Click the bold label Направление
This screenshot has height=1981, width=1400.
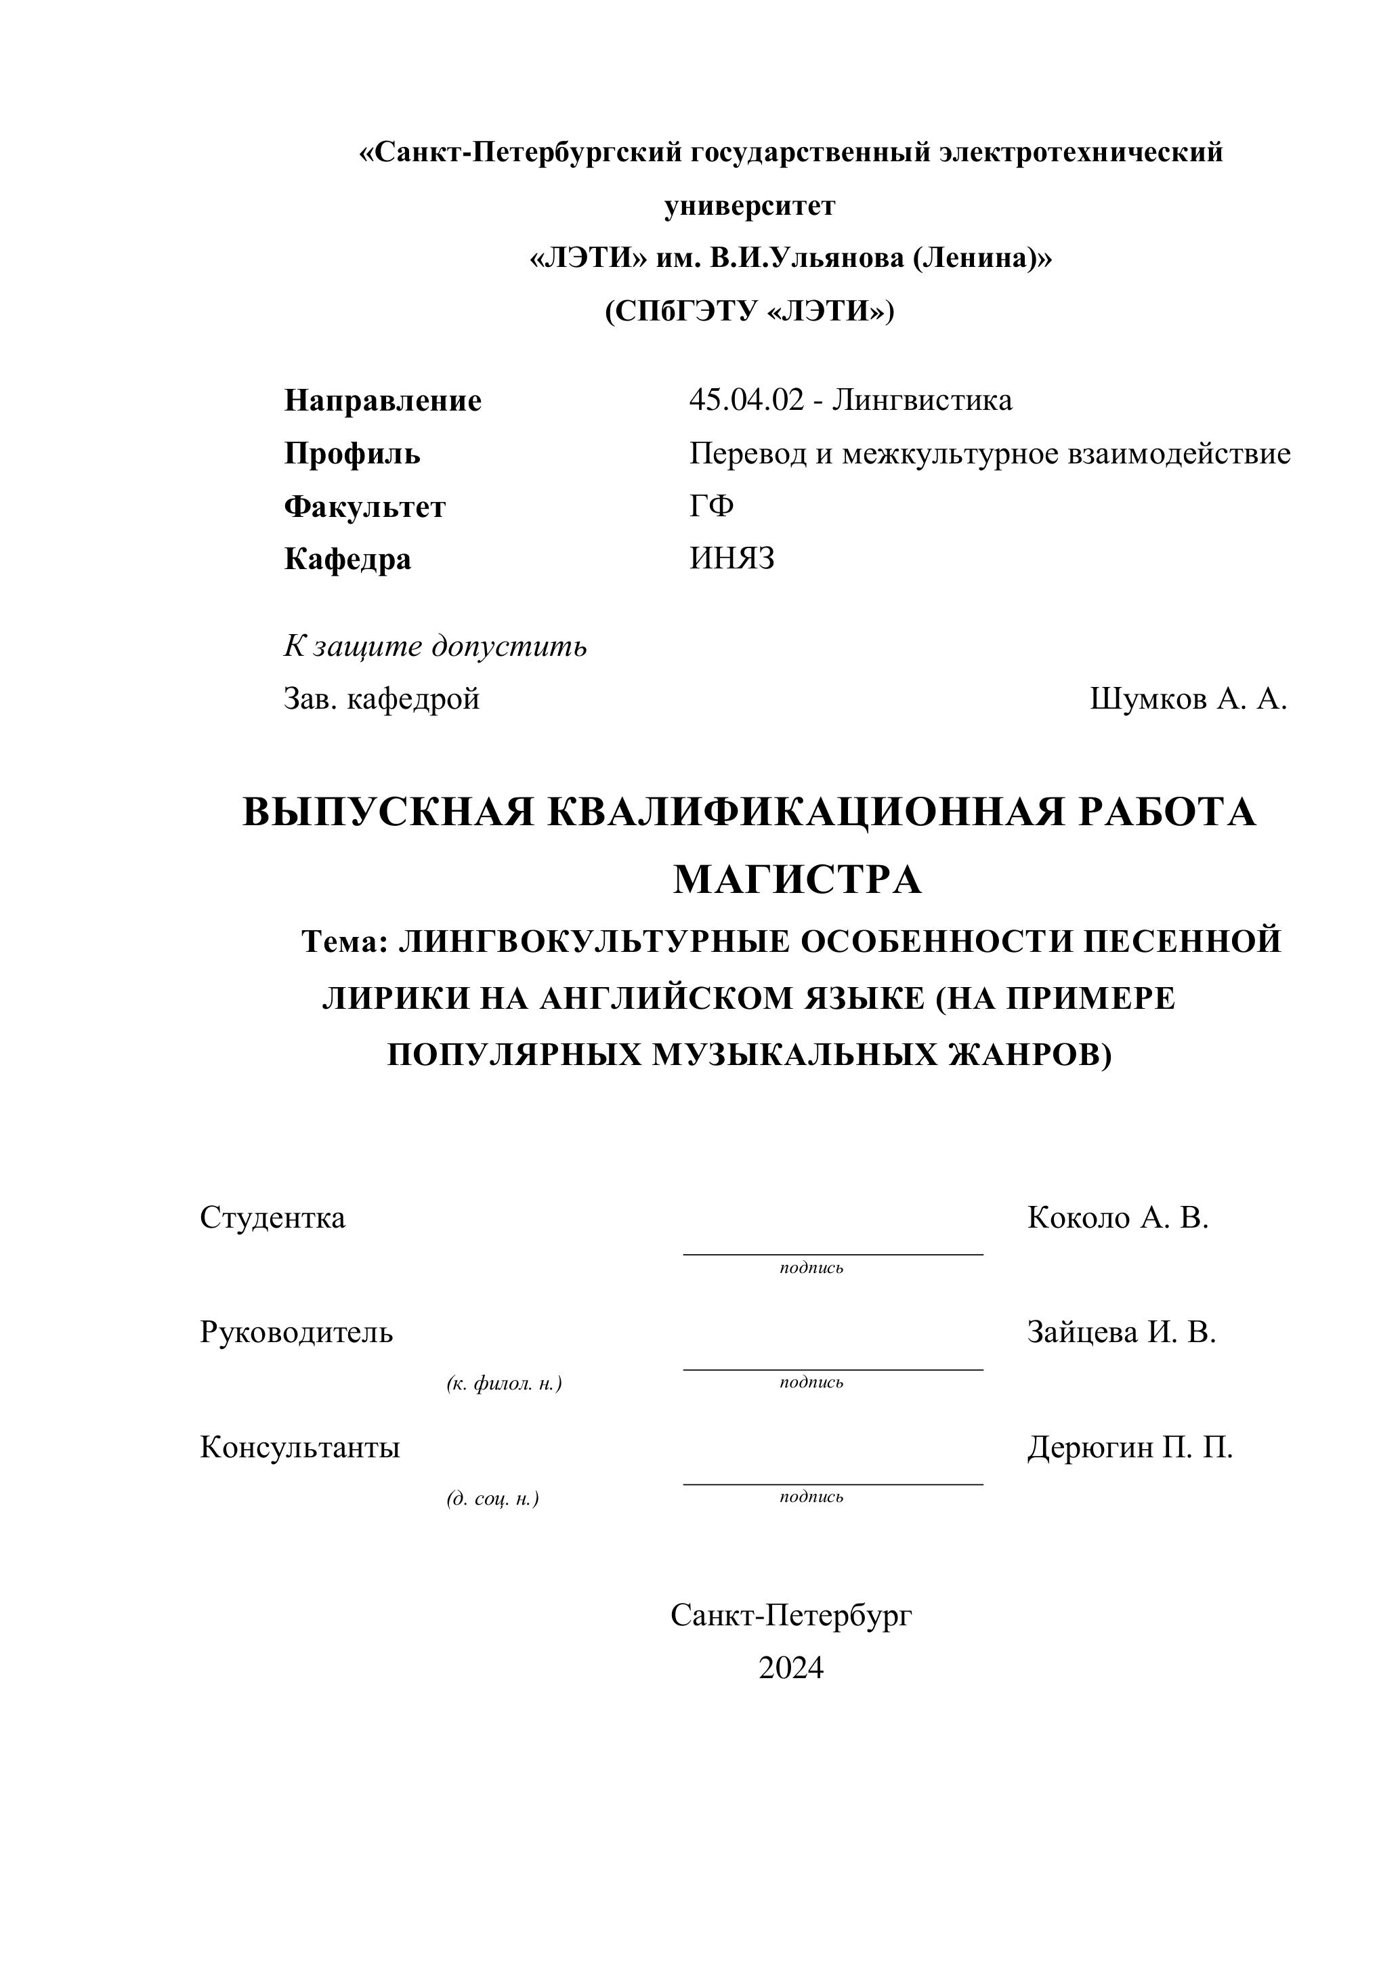click(382, 400)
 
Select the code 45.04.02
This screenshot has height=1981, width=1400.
click(746, 400)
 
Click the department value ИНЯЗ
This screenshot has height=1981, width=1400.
click(731, 559)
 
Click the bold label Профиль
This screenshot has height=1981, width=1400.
click(352, 453)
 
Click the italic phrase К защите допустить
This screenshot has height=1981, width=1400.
click(436, 646)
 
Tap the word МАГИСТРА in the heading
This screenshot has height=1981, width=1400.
click(797, 880)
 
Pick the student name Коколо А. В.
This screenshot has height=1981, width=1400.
click(1118, 1217)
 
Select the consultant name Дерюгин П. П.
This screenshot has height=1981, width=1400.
click(1130, 1447)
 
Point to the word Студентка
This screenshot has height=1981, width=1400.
click(272, 1217)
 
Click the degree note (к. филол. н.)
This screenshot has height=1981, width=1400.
click(504, 1384)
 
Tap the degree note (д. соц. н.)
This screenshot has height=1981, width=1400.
click(492, 1499)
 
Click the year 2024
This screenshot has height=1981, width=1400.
click(791, 1668)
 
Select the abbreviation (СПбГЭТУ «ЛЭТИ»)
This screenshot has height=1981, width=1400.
click(750, 310)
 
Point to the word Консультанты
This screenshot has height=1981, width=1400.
click(300, 1447)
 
